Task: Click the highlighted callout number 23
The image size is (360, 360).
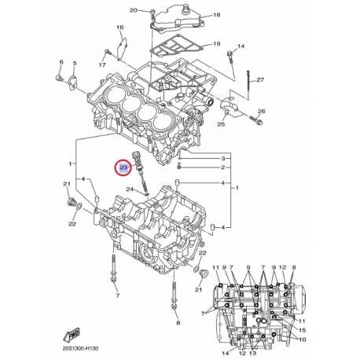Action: coord(123,167)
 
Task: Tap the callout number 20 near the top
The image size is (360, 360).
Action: coord(133,10)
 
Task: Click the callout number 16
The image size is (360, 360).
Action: coord(120,28)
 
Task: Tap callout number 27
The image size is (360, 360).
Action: coord(260,80)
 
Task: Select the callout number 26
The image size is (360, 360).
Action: coord(262,111)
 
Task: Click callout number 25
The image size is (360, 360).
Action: coord(221,124)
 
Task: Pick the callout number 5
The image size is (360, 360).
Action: coord(74,63)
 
